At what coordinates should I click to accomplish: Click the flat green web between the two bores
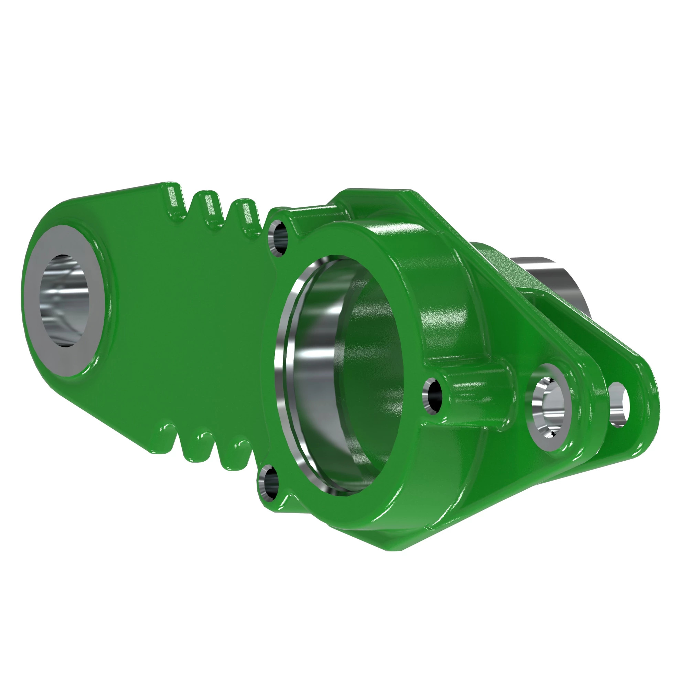pyautogui.click(x=189, y=321)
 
